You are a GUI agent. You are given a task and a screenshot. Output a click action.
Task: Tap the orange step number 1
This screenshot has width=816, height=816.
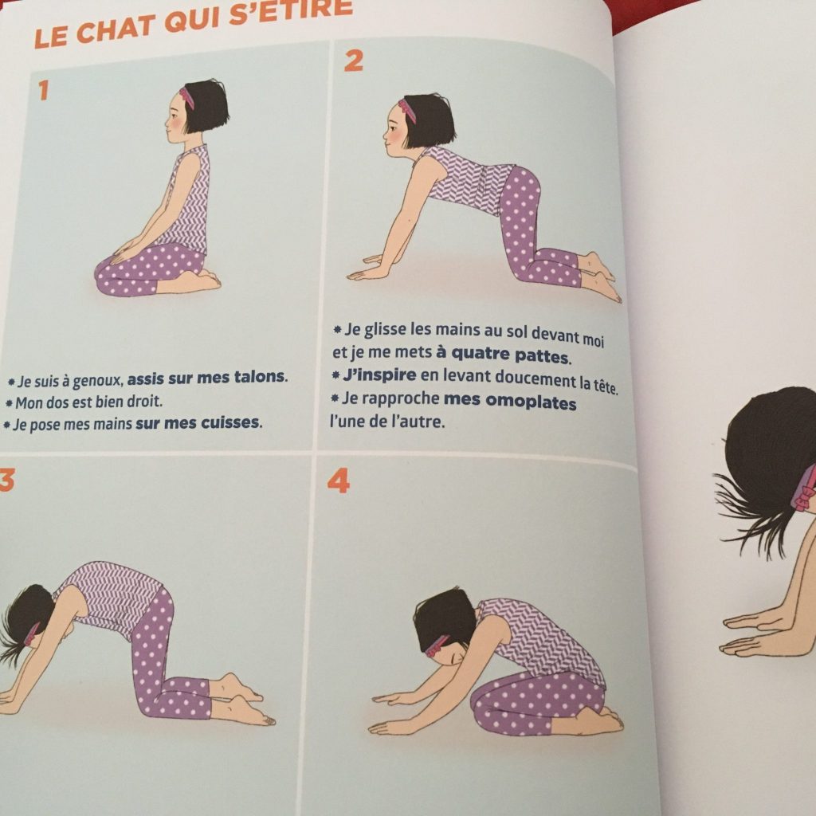point(43,90)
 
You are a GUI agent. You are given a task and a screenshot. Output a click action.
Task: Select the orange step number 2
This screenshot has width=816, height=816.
point(353,61)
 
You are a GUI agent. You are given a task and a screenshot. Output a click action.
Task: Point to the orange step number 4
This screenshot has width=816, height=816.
point(338,481)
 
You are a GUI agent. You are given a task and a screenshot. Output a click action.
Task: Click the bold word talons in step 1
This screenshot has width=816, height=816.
point(259,377)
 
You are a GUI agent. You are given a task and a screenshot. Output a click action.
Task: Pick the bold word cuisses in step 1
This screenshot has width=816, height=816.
point(230,422)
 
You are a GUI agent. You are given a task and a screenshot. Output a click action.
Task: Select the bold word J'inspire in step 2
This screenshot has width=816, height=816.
point(379,375)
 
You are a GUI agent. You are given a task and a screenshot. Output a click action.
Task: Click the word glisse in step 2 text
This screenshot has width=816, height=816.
point(384,329)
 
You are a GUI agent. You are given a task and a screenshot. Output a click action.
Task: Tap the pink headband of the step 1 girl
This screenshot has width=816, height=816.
point(186,97)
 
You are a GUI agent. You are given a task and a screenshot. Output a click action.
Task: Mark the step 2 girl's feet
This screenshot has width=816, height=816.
point(600,277)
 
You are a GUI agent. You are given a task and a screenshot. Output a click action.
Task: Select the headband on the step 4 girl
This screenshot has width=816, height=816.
point(438,645)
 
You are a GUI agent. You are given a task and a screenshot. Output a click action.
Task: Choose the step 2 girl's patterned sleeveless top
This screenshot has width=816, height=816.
point(469,179)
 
